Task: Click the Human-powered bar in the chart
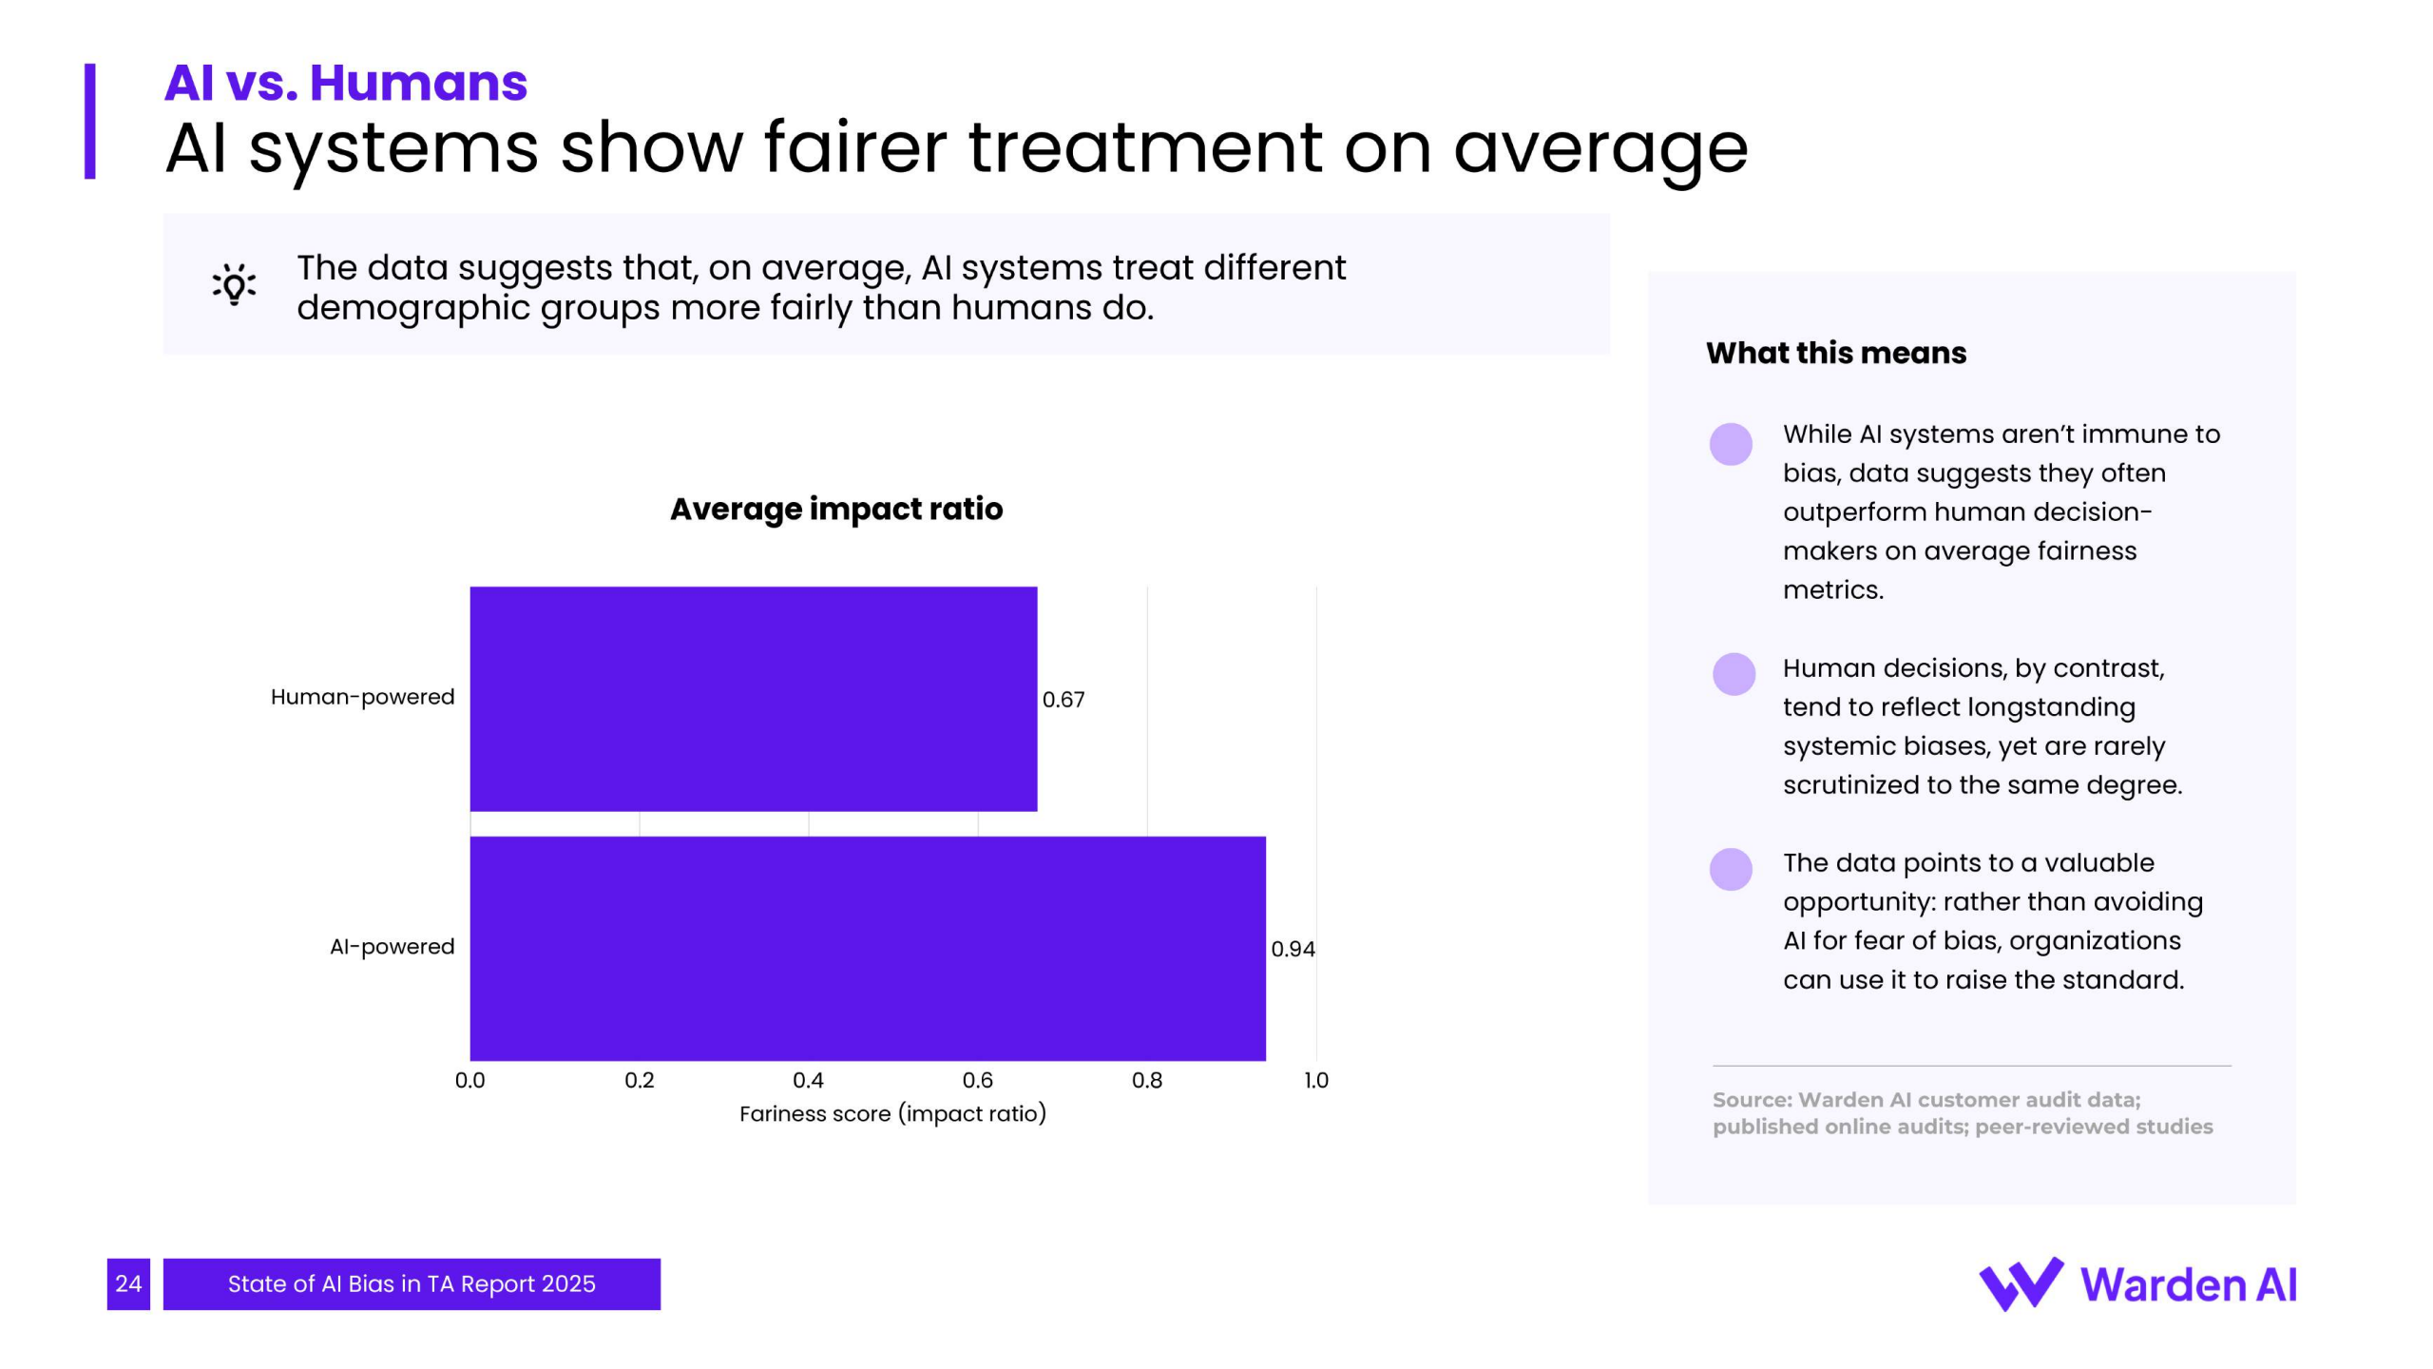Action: (x=753, y=699)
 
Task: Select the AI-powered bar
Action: (x=867, y=948)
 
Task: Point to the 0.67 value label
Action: (x=1063, y=700)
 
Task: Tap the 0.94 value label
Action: (x=1293, y=949)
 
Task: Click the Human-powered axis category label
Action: (x=362, y=697)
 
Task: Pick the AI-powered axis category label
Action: (x=392, y=947)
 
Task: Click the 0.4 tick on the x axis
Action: (x=808, y=1080)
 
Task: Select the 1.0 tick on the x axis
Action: (x=1316, y=1080)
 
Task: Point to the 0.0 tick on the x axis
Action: (x=469, y=1080)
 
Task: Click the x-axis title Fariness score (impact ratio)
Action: (x=892, y=1113)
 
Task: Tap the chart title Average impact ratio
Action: (x=836, y=509)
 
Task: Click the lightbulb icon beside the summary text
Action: (x=234, y=284)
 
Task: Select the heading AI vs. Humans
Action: (x=345, y=83)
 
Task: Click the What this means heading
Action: (x=1835, y=353)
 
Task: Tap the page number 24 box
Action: (x=128, y=1283)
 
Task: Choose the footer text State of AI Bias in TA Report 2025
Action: (x=412, y=1283)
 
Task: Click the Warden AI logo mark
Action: (x=2021, y=1284)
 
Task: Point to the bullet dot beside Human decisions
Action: (x=1734, y=674)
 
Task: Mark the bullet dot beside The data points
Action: (x=1731, y=869)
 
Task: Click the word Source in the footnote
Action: (x=1751, y=1100)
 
